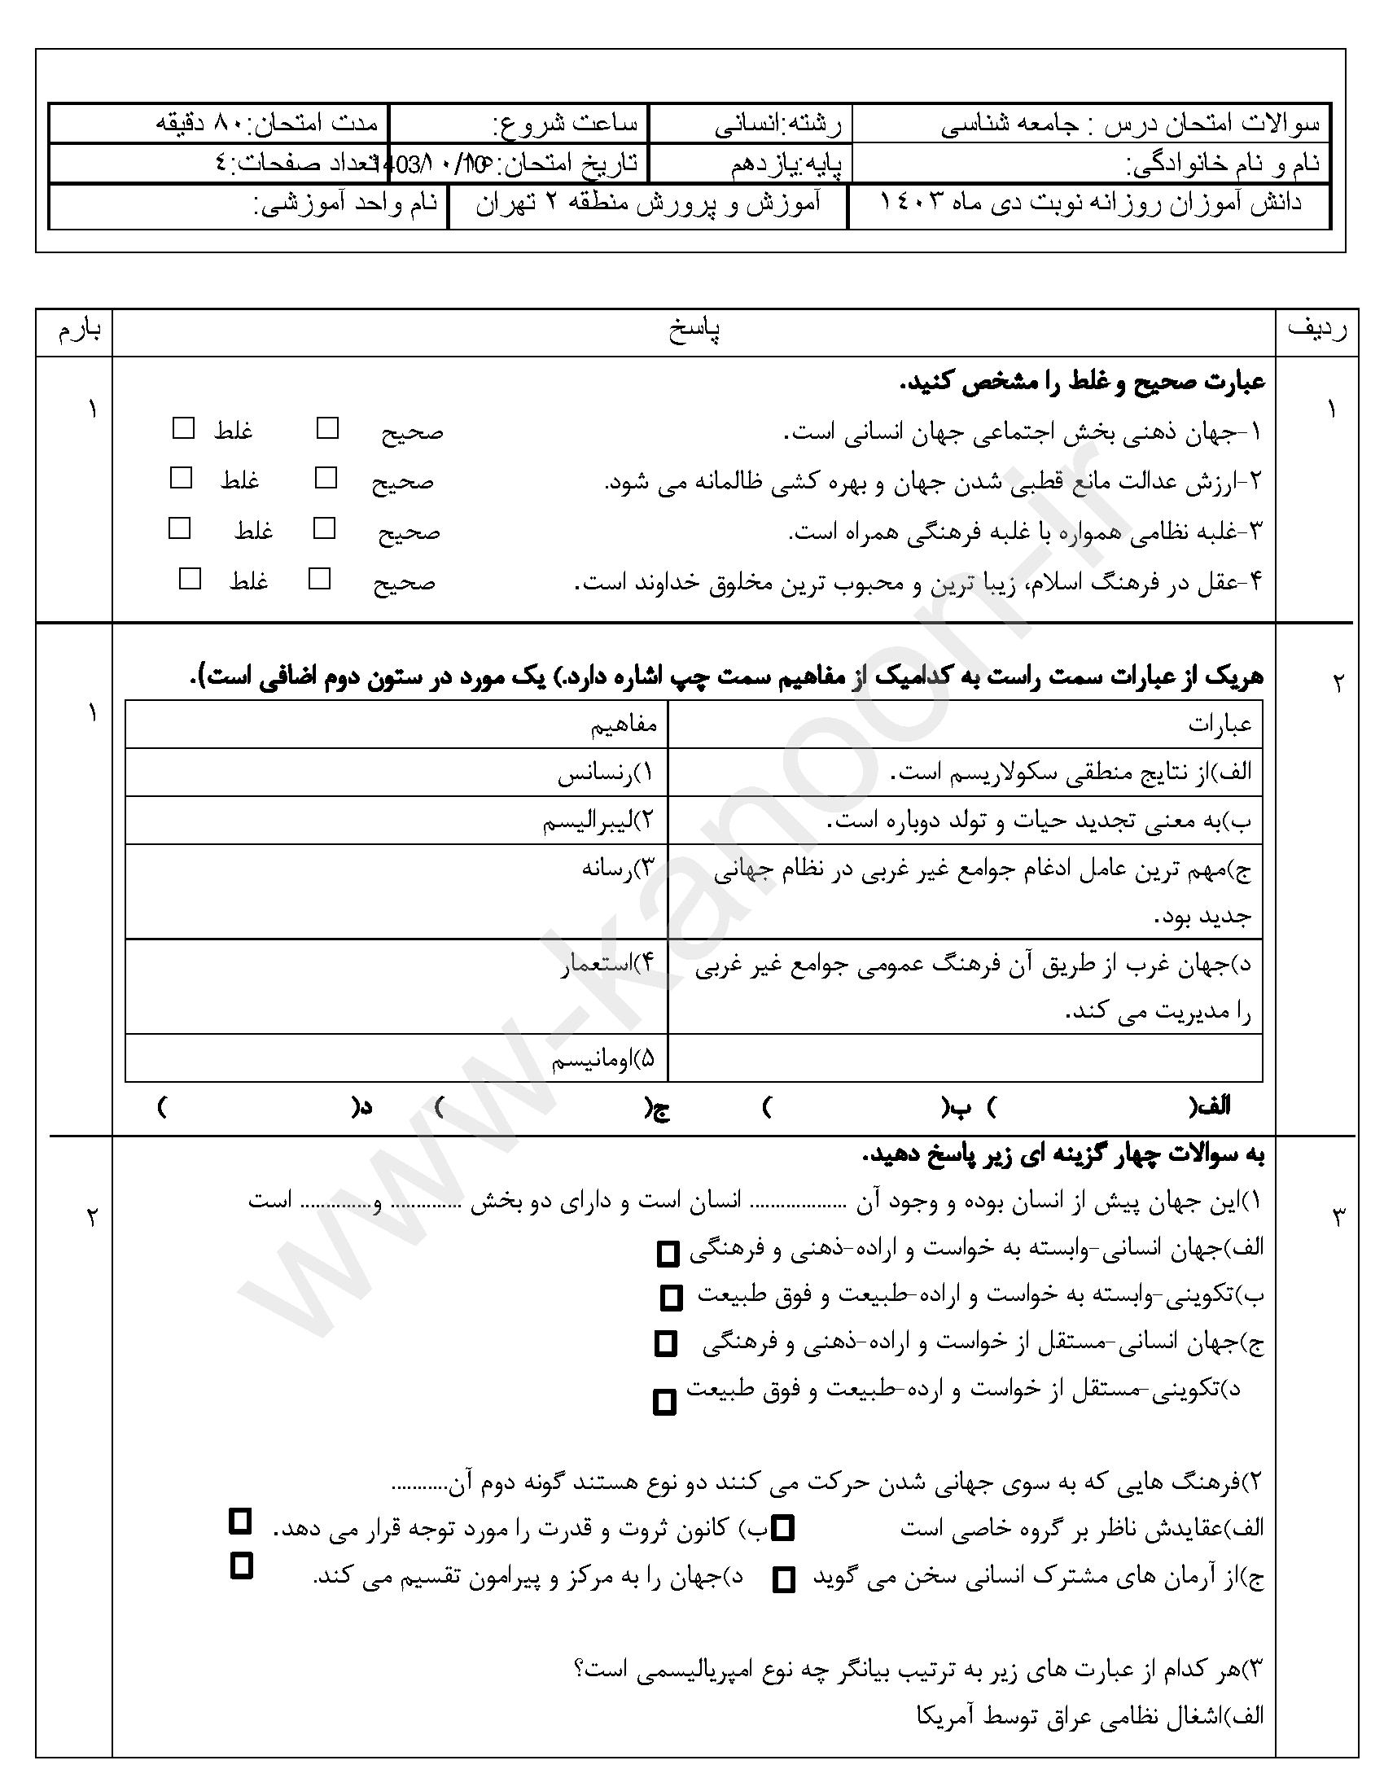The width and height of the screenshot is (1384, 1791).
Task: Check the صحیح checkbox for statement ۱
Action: (328, 428)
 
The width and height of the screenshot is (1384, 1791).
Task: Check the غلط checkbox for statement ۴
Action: (191, 579)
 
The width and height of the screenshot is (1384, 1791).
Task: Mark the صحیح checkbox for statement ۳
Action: (325, 529)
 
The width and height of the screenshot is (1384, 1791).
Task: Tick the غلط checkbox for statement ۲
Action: (182, 478)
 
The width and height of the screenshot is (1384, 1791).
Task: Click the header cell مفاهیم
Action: (624, 725)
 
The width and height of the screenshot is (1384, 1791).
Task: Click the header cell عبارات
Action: (1220, 725)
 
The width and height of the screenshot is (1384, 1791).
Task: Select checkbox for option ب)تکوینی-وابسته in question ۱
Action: (671, 1298)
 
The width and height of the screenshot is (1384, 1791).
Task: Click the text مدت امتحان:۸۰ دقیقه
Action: (267, 124)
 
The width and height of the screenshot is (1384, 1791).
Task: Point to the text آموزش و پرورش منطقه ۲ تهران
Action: (648, 205)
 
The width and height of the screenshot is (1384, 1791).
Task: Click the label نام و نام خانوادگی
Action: (1224, 164)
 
